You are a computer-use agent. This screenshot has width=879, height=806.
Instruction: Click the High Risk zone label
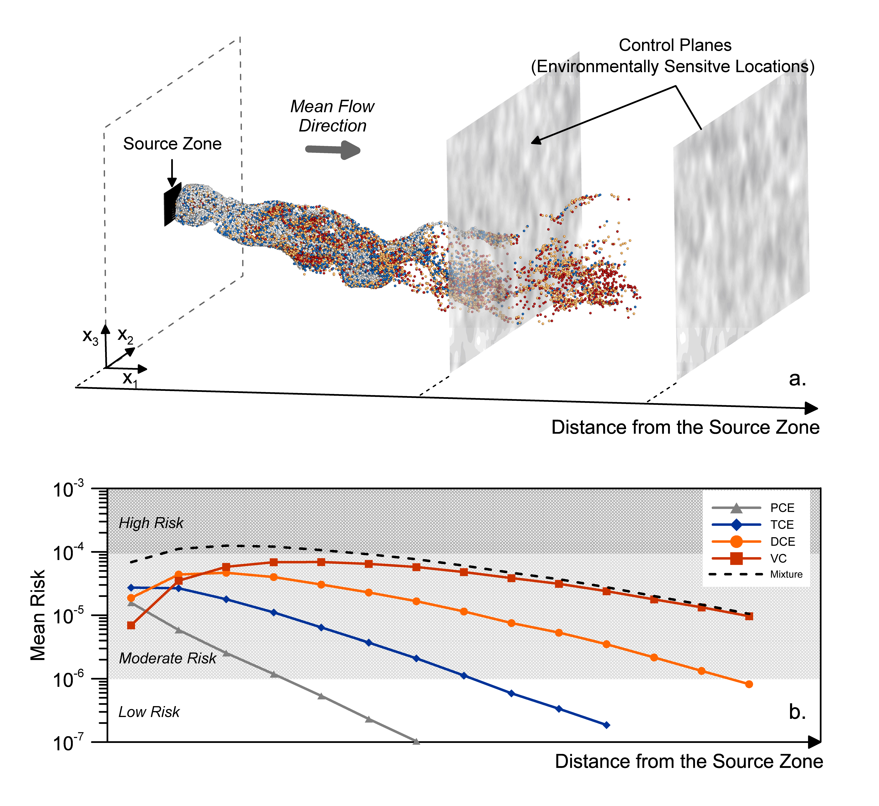(x=151, y=523)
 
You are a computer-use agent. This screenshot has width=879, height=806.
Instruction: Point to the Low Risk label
(x=149, y=712)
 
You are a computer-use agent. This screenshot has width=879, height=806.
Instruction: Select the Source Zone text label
(x=172, y=144)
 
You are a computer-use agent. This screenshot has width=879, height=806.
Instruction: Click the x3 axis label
(x=90, y=337)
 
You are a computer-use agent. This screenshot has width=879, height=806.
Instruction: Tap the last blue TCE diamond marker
(x=606, y=725)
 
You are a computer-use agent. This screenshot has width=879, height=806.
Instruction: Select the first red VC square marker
(x=131, y=625)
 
